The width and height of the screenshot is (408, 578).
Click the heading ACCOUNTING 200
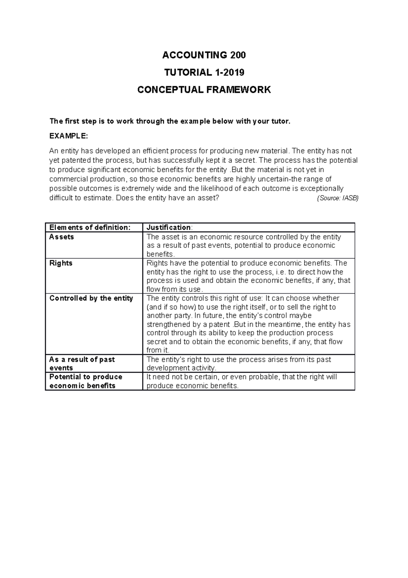coord(204,55)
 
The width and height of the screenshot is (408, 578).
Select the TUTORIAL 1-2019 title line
coord(204,72)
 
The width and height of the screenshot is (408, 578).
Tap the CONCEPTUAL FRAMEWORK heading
coord(204,90)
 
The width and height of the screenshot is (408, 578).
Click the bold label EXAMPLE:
coord(68,136)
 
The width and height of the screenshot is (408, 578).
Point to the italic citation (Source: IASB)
coord(338,198)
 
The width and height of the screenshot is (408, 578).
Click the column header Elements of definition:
coord(90,227)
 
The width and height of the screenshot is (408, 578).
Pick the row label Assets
coord(62,237)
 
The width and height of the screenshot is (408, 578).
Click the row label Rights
coord(61,263)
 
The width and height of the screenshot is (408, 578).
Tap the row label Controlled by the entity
coord(91,298)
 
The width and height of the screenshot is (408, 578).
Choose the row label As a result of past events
coord(82,364)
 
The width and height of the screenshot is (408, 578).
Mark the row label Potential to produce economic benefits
coord(86,381)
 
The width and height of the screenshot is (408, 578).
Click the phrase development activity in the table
coord(181,368)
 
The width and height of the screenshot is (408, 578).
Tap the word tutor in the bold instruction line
coord(281,121)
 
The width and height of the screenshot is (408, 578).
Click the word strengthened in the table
coord(168,324)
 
